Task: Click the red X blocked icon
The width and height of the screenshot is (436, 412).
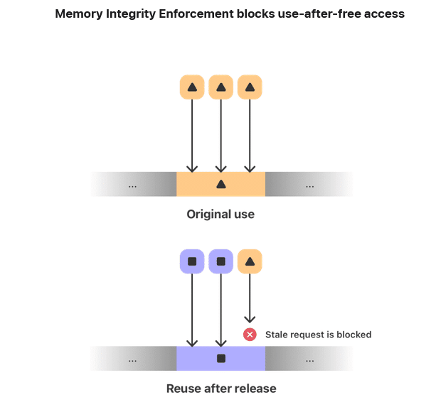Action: pos(250,335)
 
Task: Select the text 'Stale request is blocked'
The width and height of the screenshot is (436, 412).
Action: pos(318,335)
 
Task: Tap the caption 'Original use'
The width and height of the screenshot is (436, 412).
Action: pos(220,214)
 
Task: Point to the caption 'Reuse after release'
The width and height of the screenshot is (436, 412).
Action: pos(220,389)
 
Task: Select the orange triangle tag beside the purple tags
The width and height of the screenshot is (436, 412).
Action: pos(250,261)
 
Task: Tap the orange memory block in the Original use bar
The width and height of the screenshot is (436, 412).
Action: pos(220,184)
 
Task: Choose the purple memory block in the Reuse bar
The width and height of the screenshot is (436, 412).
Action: pos(220,359)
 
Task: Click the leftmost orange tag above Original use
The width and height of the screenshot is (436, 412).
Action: pos(192,87)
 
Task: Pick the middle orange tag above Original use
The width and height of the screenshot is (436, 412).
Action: pos(221,87)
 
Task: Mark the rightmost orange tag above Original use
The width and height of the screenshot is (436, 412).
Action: pos(250,87)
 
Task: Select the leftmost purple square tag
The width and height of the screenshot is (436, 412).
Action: pos(192,261)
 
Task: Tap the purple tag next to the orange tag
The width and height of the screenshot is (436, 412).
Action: pos(221,261)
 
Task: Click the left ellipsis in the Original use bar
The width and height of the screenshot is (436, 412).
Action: pos(132,185)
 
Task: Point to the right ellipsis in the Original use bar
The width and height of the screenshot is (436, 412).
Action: pos(309,185)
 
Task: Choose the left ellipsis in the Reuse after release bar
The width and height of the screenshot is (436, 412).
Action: pos(132,360)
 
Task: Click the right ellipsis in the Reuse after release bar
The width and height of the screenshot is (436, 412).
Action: pos(309,360)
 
